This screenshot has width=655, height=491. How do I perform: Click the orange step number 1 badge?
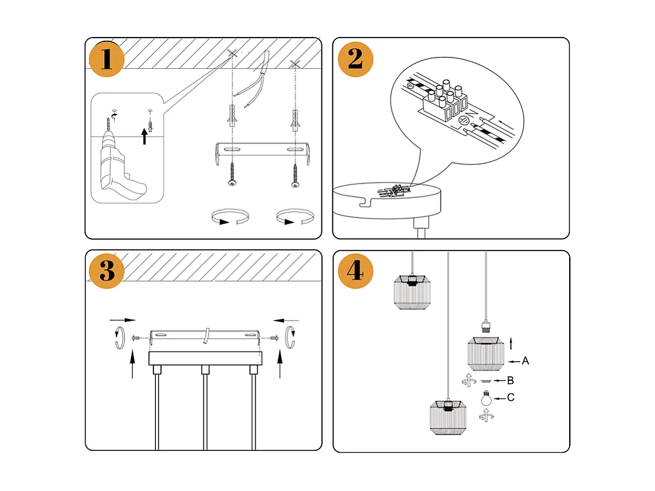(106, 59)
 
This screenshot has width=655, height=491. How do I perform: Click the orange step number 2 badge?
(355, 59)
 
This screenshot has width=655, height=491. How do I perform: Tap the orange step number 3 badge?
(106, 271)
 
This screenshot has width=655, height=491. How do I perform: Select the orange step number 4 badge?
(355, 271)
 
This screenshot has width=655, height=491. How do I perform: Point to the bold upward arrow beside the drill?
(145, 135)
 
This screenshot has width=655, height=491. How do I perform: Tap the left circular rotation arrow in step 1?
(229, 219)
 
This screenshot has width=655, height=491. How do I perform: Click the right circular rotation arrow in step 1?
(294, 219)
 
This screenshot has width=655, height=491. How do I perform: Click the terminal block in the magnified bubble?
(446, 103)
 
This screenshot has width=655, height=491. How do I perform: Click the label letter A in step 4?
(525, 361)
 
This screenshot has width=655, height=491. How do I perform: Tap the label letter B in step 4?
(510, 380)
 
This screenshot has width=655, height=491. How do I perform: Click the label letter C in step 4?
(511, 397)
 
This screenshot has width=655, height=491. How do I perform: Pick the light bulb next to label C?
(485, 398)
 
